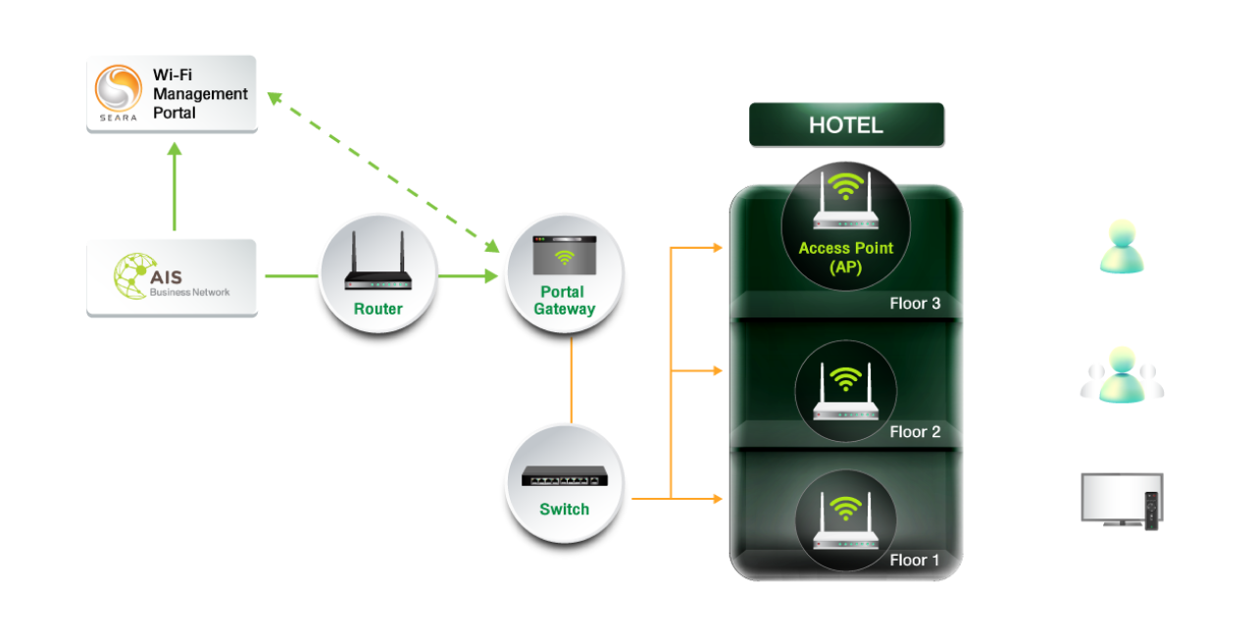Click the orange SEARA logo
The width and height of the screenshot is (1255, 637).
pyautogui.click(x=119, y=89)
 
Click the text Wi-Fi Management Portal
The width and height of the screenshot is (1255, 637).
pyautogui.click(x=200, y=93)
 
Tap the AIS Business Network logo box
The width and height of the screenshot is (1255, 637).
pyautogui.click(x=173, y=276)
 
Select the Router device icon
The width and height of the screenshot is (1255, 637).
pyautogui.click(x=377, y=265)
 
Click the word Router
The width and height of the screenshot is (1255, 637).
pyautogui.click(x=377, y=309)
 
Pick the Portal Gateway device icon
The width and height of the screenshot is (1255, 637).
pyautogui.click(x=564, y=256)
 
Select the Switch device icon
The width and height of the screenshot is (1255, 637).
pyautogui.click(x=564, y=477)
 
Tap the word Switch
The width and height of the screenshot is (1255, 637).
pyautogui.click(x=564, y=510)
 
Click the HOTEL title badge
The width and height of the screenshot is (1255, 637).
pyautogui.click(x=845, y=125)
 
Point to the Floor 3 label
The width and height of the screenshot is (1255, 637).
pyautogui.click(x=915, y=304)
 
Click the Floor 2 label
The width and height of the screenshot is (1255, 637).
pyautogui.click(x=915, y=432)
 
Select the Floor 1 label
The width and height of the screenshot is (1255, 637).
pyautogui.click(x=915, y=561)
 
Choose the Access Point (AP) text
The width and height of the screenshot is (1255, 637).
pyautogui.click(x=845, y=257)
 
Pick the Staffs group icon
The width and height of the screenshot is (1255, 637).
pyautogui.click(x=1122, y=375)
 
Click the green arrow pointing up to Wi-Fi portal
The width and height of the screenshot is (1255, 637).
pyautogui.click(x=175, y=186)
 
